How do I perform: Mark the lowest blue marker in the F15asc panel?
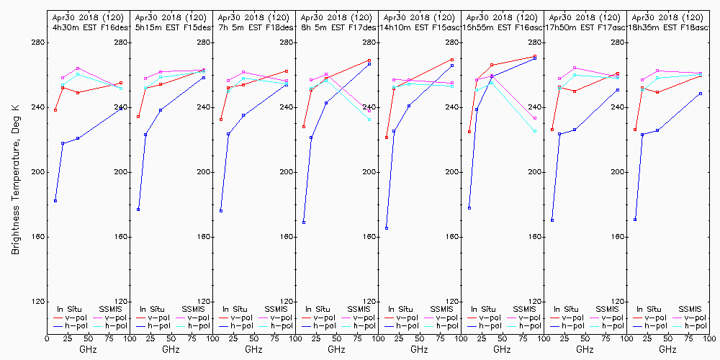[387, 228]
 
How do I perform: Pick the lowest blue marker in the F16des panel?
[55, 201]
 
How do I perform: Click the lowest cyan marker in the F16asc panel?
[535, 131]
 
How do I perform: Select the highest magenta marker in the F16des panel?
[77, 68]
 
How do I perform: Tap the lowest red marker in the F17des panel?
[304, 127]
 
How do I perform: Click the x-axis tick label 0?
[47, 338]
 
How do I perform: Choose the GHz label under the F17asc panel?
[585, 349]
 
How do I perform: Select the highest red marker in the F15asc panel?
[452, 60]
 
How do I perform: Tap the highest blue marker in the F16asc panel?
[535, 58]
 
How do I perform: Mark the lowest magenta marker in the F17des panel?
[369, 111]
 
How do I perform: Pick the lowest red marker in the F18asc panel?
[635, 130]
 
